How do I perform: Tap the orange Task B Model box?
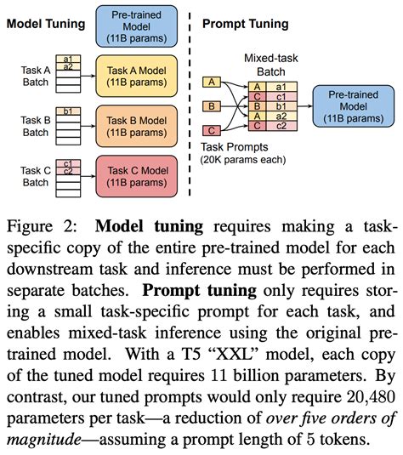(137, 123)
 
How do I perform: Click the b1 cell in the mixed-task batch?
(281, 106)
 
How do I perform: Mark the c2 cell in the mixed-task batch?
(281, 127)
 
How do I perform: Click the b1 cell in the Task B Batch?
(66, 110)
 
